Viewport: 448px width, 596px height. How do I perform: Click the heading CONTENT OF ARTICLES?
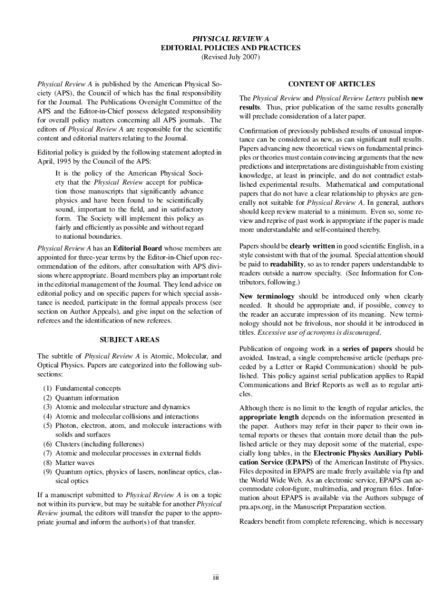tap(332, 84)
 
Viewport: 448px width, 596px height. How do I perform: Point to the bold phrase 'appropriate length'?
tap(268, 418)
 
